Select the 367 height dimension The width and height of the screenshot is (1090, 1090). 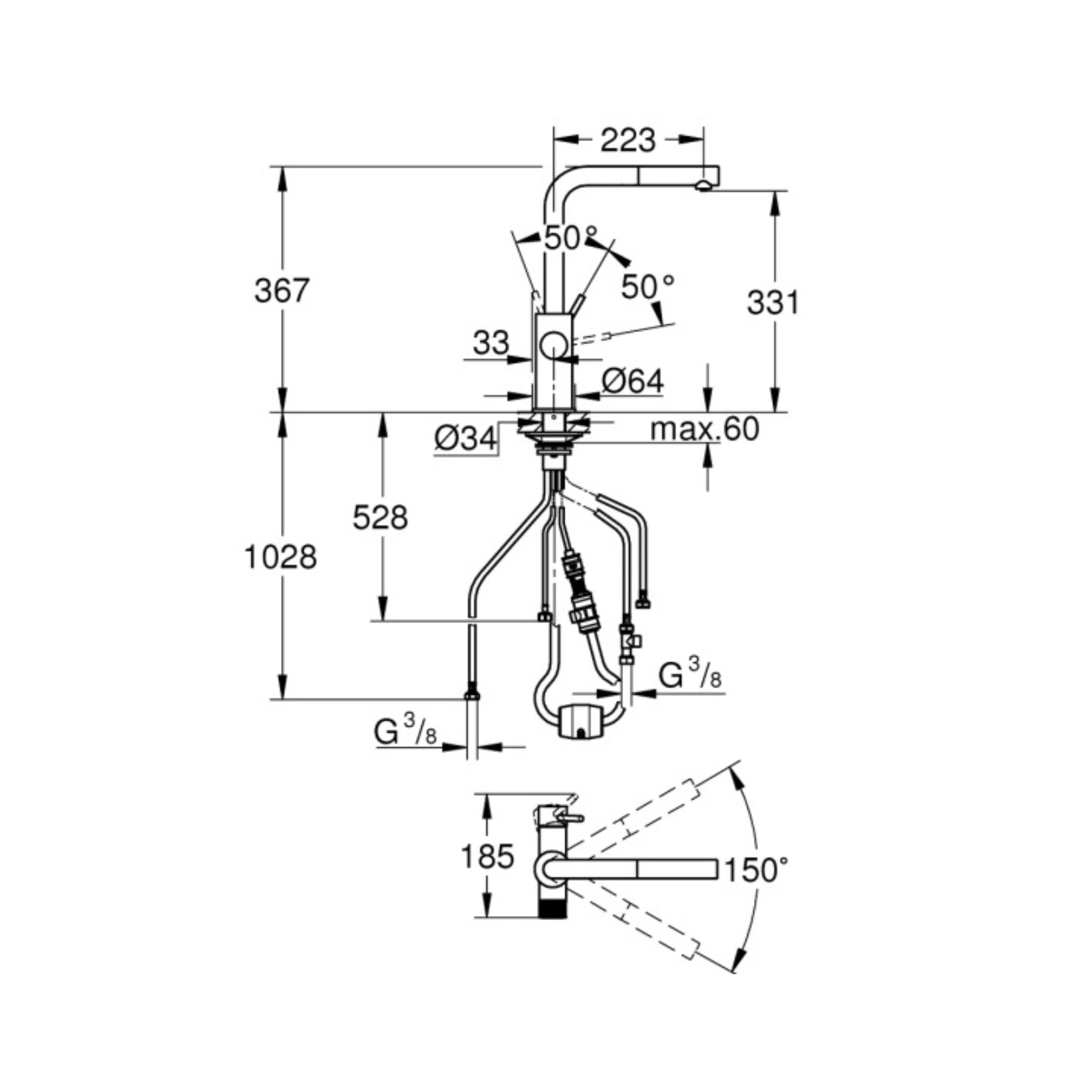(x=282, y=291)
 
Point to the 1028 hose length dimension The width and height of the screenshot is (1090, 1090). (x=280, y=557)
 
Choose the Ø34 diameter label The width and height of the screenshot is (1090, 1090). (x=466, y=438)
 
